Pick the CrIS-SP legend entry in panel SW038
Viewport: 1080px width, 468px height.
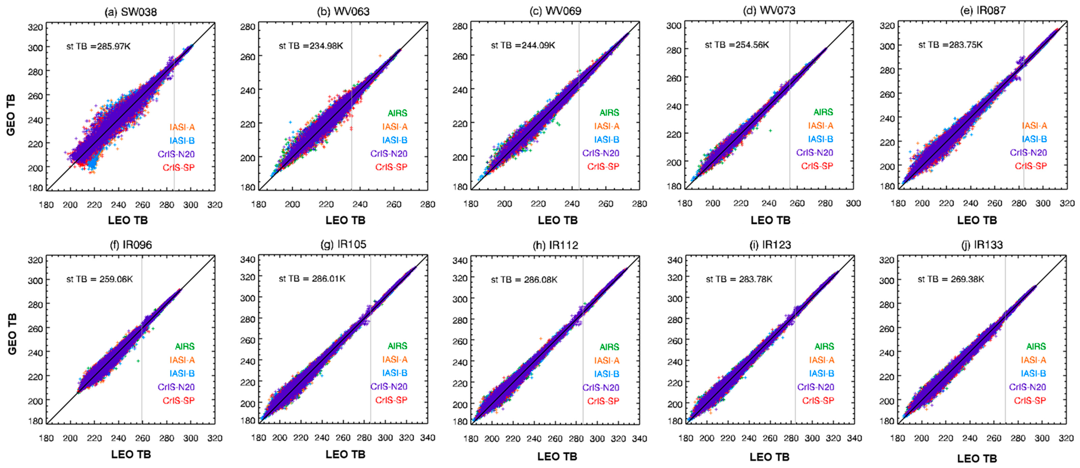tap(179, 168)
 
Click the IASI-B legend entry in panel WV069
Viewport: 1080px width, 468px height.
tap(606, 139)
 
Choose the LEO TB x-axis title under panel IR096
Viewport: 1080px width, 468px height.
tap(131, 454)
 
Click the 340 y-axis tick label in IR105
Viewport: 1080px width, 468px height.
tap(247, 260)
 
